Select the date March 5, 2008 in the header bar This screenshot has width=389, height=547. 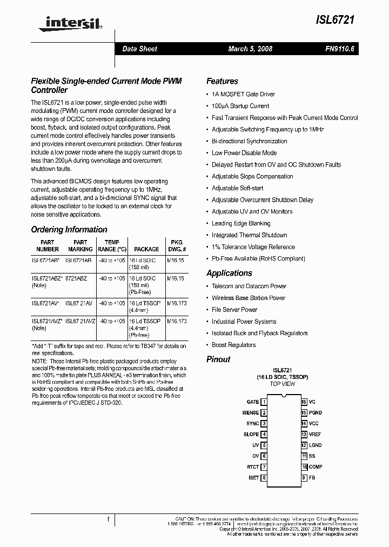(250, 49)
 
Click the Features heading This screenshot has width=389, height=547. (222, 81)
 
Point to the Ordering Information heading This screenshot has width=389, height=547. (69, 229)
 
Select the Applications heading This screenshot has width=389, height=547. (229, 273)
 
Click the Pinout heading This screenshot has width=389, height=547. (218, 359)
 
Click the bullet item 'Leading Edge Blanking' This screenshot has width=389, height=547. (241, 223)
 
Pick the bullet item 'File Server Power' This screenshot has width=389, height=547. (234, 310)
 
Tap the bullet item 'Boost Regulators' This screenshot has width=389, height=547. (234, 345)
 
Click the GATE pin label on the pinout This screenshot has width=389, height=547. (252, 402)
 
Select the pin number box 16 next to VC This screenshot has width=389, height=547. (304, 402)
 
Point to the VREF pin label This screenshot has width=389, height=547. (315, 434)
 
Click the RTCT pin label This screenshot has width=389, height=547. (252, 466)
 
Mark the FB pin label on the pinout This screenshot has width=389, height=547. (312, 477)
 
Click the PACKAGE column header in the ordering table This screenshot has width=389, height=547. (146, 249)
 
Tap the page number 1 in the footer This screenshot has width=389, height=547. (109, 519)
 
